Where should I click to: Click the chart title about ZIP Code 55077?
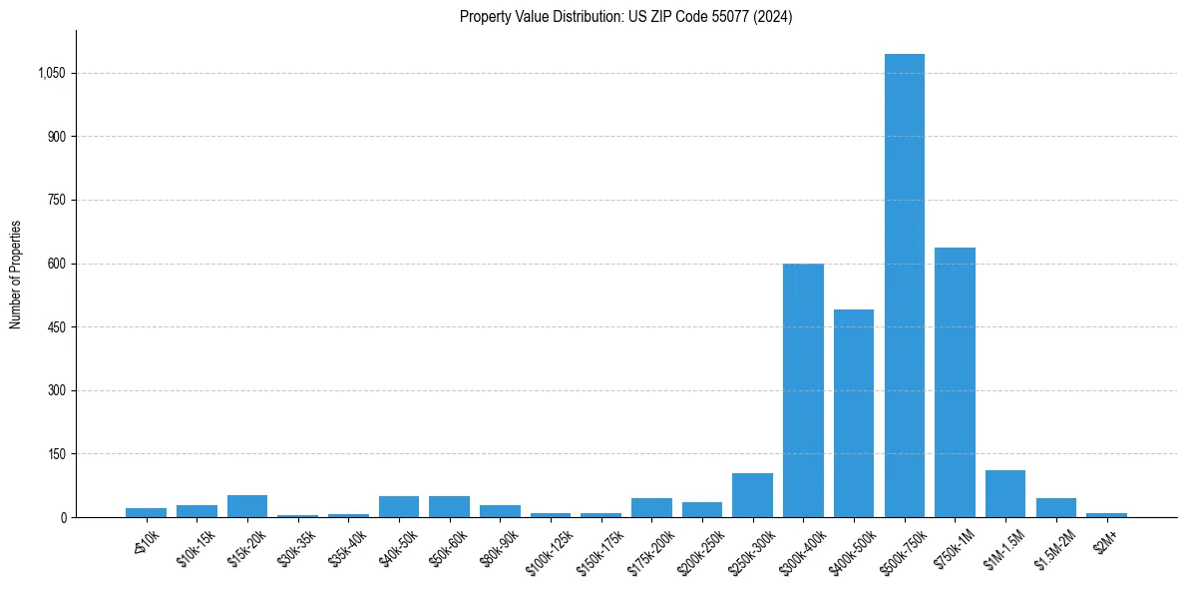[625, 17]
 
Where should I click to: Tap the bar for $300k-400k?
[803, 390]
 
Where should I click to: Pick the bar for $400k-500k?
[854, 413]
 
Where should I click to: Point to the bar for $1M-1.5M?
[1005, 494]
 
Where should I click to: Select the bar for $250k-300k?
[752, 495]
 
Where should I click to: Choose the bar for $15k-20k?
[247, 506]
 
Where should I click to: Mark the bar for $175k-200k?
[651, 507]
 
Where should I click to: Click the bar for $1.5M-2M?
[1055, 507]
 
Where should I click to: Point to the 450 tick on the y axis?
[56, 327]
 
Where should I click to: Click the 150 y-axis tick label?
[56, 454]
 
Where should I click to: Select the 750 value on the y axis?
[56, 201]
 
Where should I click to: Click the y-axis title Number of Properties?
[16, 275]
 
